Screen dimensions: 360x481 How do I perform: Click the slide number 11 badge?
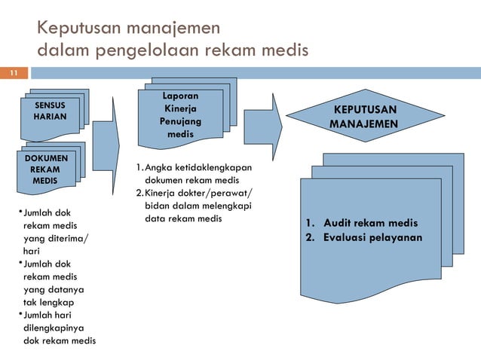(13, 74)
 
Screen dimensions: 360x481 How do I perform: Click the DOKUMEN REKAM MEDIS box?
(44, 169)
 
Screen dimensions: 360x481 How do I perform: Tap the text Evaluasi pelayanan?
(372, 238)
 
